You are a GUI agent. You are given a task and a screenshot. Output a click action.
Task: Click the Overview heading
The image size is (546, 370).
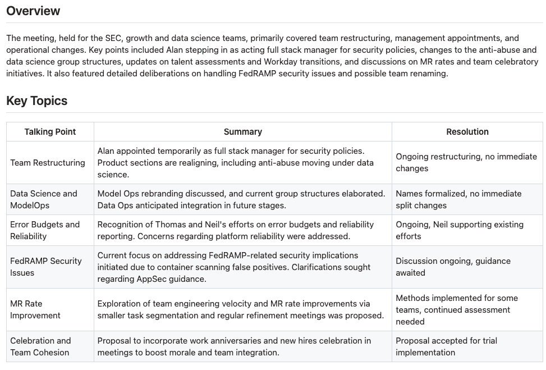click(33, 11)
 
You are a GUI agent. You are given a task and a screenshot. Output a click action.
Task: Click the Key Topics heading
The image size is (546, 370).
click(36, 101)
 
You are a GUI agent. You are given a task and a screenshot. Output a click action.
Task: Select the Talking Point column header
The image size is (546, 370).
click(50, 132)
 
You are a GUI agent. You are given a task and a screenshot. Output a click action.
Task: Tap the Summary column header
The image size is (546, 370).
click(242, 132)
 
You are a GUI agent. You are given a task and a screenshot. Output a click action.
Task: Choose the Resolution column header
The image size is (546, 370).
click(467, 132)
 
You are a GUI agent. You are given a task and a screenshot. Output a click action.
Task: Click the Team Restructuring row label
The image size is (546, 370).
click(48, 163)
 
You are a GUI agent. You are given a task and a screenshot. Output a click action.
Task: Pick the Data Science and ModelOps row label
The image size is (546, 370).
click(44, 199)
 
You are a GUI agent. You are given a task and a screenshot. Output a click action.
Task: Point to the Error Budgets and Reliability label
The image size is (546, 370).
click(45, 230)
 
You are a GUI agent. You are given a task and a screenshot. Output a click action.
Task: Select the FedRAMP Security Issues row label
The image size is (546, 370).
click(46, 267)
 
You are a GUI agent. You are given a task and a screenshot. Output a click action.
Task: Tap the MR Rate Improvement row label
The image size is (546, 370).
click(35, 309)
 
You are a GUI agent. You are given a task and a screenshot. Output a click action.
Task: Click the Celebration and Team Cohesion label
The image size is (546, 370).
click(40, 346)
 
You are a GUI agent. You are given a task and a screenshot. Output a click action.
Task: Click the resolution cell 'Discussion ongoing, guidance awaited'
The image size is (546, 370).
click(453, 267)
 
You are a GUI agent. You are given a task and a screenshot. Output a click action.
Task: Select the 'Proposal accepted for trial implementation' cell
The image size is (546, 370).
click(446, 346)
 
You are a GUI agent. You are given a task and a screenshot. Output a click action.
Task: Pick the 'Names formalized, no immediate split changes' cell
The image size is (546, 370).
click(458, 199)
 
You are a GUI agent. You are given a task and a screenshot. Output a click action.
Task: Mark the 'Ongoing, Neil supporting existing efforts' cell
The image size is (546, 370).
click(459, 230)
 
